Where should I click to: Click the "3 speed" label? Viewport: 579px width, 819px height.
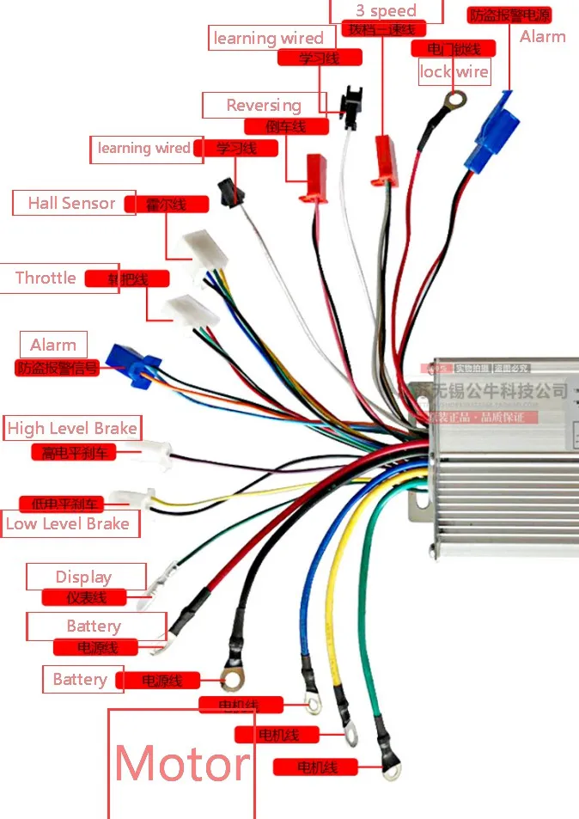386,11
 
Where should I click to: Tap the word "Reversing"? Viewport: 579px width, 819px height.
264,106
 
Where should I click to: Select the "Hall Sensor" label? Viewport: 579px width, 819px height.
71,204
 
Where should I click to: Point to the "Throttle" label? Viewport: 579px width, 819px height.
46,278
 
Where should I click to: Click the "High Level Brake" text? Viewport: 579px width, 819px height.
72,428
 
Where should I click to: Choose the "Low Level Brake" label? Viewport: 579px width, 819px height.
68,523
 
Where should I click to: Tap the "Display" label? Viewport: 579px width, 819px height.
83,578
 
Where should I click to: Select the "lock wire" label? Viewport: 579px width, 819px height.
454,72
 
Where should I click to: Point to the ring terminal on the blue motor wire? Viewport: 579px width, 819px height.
314,705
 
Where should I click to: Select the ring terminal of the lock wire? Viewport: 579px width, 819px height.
453,101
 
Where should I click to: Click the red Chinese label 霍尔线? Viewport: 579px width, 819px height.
166,205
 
